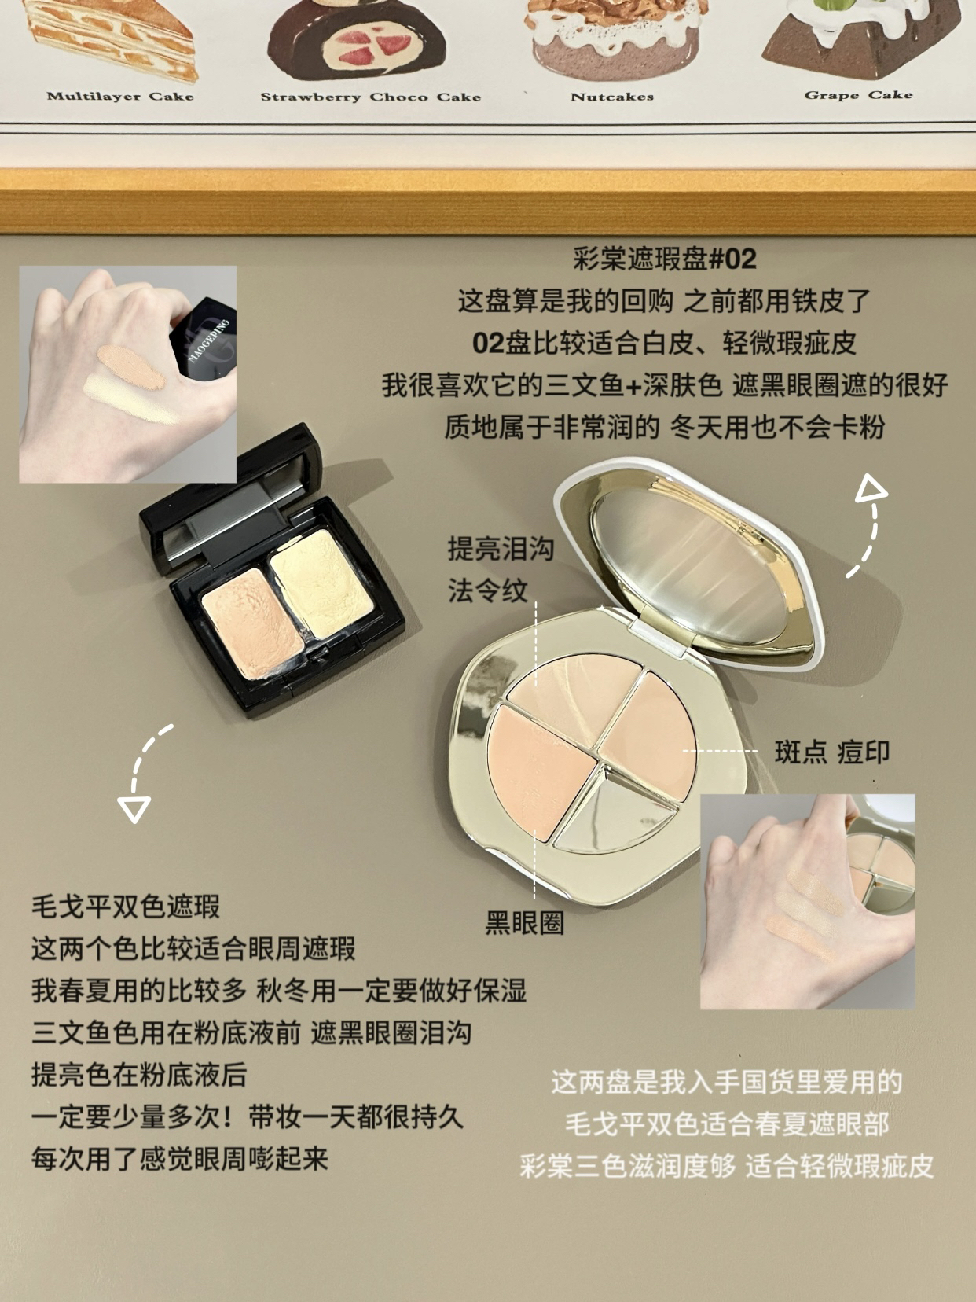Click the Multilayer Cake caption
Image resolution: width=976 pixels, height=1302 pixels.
(120, 96)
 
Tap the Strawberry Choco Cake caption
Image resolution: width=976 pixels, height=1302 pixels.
(371, 97)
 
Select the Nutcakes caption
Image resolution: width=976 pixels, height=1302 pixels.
(612, 97)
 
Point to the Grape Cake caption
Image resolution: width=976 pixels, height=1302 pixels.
(859, 95)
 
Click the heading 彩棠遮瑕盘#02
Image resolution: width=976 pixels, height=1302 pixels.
(664, 259)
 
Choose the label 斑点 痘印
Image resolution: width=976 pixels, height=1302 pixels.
(832, 752)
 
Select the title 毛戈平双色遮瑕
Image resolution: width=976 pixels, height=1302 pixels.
(126, 907)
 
